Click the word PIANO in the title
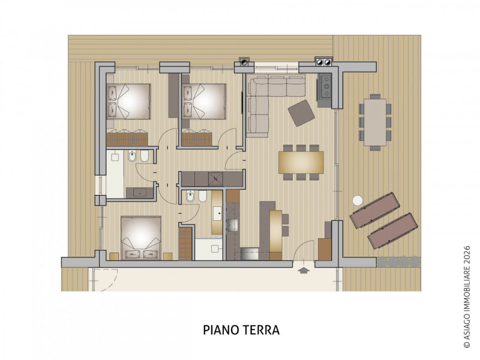click(221, 330)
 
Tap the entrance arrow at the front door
click(303, 271)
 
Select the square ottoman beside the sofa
click(301, 113)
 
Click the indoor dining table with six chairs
click(301, 162)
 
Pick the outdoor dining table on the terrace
click(375, 122)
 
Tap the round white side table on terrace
click(357, 200)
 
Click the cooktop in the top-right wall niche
click(325, 86)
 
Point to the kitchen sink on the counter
click(233, 225)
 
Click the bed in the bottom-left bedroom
click(141, 238)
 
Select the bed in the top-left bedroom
click(128, 101)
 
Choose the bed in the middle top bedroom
click(204, 101)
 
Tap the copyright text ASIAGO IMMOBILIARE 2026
click(467, 296)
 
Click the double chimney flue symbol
click(323, 62)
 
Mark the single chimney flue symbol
click(244, 62)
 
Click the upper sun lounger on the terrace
click(375, 210)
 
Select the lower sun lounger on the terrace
click(393, 230)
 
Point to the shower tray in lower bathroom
click(209, 249)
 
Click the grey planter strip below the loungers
click(399, 262)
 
